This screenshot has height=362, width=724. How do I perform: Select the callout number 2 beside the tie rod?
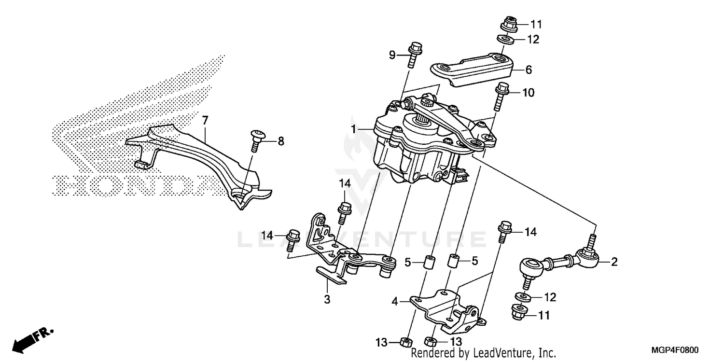(614, 262)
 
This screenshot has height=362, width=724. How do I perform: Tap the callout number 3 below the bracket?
(327, 299)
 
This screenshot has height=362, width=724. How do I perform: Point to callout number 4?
(395, 302)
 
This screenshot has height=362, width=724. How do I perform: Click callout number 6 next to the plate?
(529, 70)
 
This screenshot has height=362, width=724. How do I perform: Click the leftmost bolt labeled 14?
(293, 238)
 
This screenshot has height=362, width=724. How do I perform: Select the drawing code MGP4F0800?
(675, 351)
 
